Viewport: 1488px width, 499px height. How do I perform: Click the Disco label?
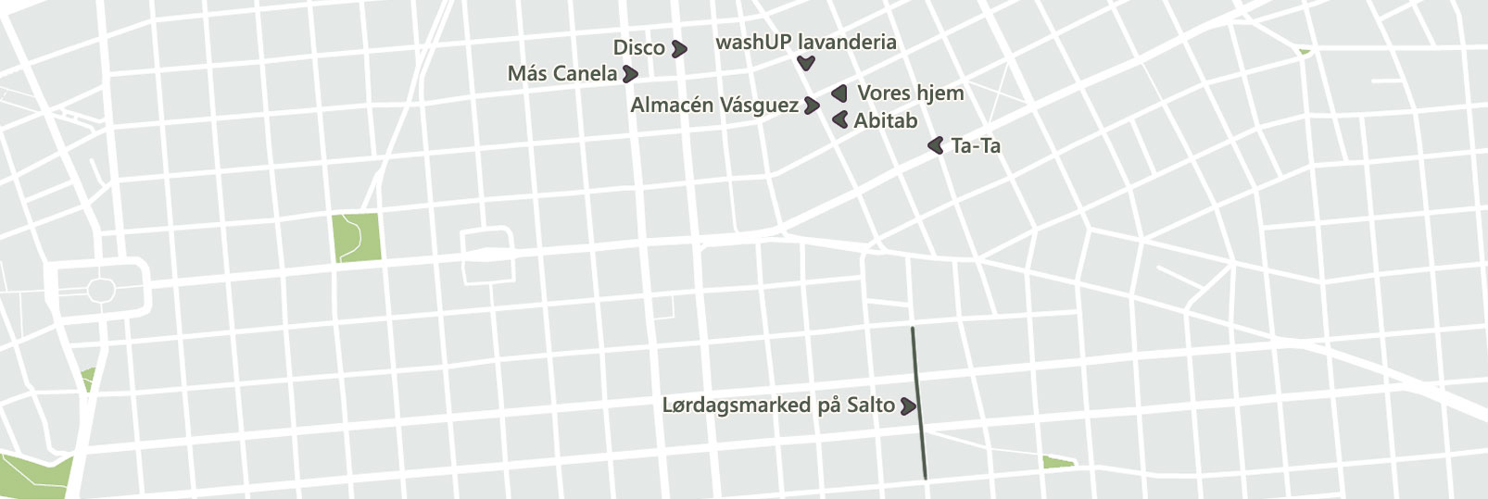click(638, 48)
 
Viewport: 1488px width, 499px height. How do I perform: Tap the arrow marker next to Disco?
click(679, 48)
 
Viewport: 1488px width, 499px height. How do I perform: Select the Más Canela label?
click(561, 74)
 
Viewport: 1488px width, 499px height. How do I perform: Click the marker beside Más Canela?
click(630, 74)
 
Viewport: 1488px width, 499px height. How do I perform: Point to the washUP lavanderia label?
click(805, 43)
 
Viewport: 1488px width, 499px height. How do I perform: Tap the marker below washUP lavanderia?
click(806, 64)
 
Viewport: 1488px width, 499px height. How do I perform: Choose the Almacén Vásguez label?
click(713, 106)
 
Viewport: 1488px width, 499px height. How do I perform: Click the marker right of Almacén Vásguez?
click(812, 106)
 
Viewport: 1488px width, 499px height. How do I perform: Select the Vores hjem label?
click(910, 94)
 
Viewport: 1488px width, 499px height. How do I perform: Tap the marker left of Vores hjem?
click(839, 94)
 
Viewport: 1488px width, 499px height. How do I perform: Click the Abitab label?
click(885, 120)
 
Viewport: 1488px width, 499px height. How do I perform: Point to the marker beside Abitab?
click(840, 119)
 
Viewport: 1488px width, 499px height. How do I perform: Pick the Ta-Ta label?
click(975, 146)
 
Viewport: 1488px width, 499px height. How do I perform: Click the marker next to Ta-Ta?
click(936, 145)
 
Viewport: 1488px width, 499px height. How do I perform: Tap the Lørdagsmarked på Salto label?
click(778, 405)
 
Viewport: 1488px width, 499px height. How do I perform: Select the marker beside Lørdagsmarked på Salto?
click(908, 405)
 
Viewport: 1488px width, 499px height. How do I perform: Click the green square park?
click(357, 237)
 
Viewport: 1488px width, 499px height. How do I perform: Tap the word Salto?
click(870, 405)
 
